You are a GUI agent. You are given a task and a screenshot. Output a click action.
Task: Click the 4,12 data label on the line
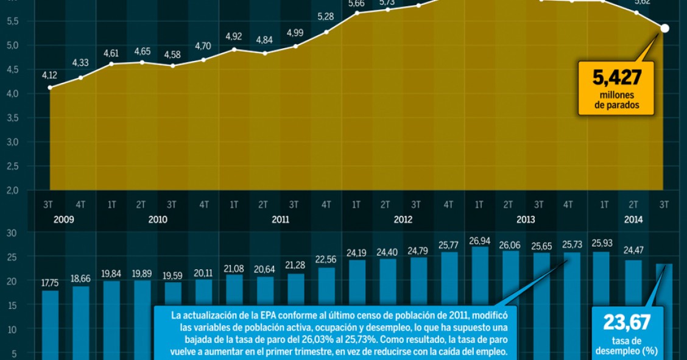(49, 76)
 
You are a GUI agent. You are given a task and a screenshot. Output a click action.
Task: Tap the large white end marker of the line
(664, 28)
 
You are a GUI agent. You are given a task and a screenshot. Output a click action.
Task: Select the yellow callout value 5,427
(617, 78)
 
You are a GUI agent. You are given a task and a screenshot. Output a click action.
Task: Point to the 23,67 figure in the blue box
(627, 322)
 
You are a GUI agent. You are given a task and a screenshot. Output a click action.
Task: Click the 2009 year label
(64, 219)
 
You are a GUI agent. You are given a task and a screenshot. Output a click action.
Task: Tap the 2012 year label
(403, 219)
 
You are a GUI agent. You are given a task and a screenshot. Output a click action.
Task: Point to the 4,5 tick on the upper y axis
(12, 69)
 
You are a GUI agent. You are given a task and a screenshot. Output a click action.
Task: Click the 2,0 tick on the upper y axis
(12, 190)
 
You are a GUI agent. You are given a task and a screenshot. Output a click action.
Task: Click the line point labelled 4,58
(173, 65)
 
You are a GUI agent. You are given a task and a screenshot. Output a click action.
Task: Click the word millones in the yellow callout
(616, 95)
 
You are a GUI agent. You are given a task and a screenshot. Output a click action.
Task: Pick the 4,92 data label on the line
(234, 36)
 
